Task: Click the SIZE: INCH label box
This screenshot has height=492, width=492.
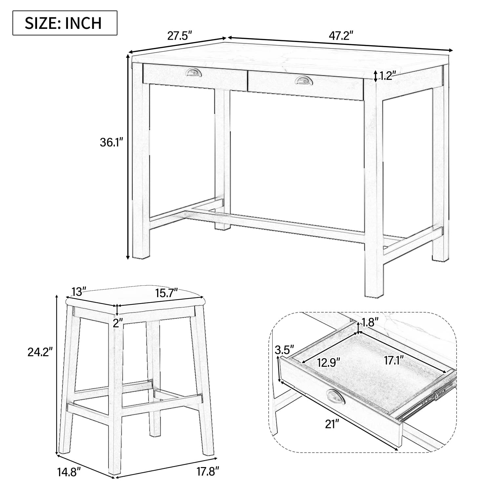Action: tap(65, 23)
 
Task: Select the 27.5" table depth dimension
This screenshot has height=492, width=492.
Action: tap(179, 35)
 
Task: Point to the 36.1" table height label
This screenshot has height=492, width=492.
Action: tap(111, 142)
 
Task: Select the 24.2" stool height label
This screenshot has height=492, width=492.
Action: tap(40, 352)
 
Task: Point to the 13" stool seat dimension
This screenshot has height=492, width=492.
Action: tap(79, 291)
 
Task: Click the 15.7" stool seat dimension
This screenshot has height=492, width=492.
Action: tap(166, 292)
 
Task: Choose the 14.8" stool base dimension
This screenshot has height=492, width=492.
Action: tap(69, 472)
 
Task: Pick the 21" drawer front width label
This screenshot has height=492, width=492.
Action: tap(332, 424)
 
